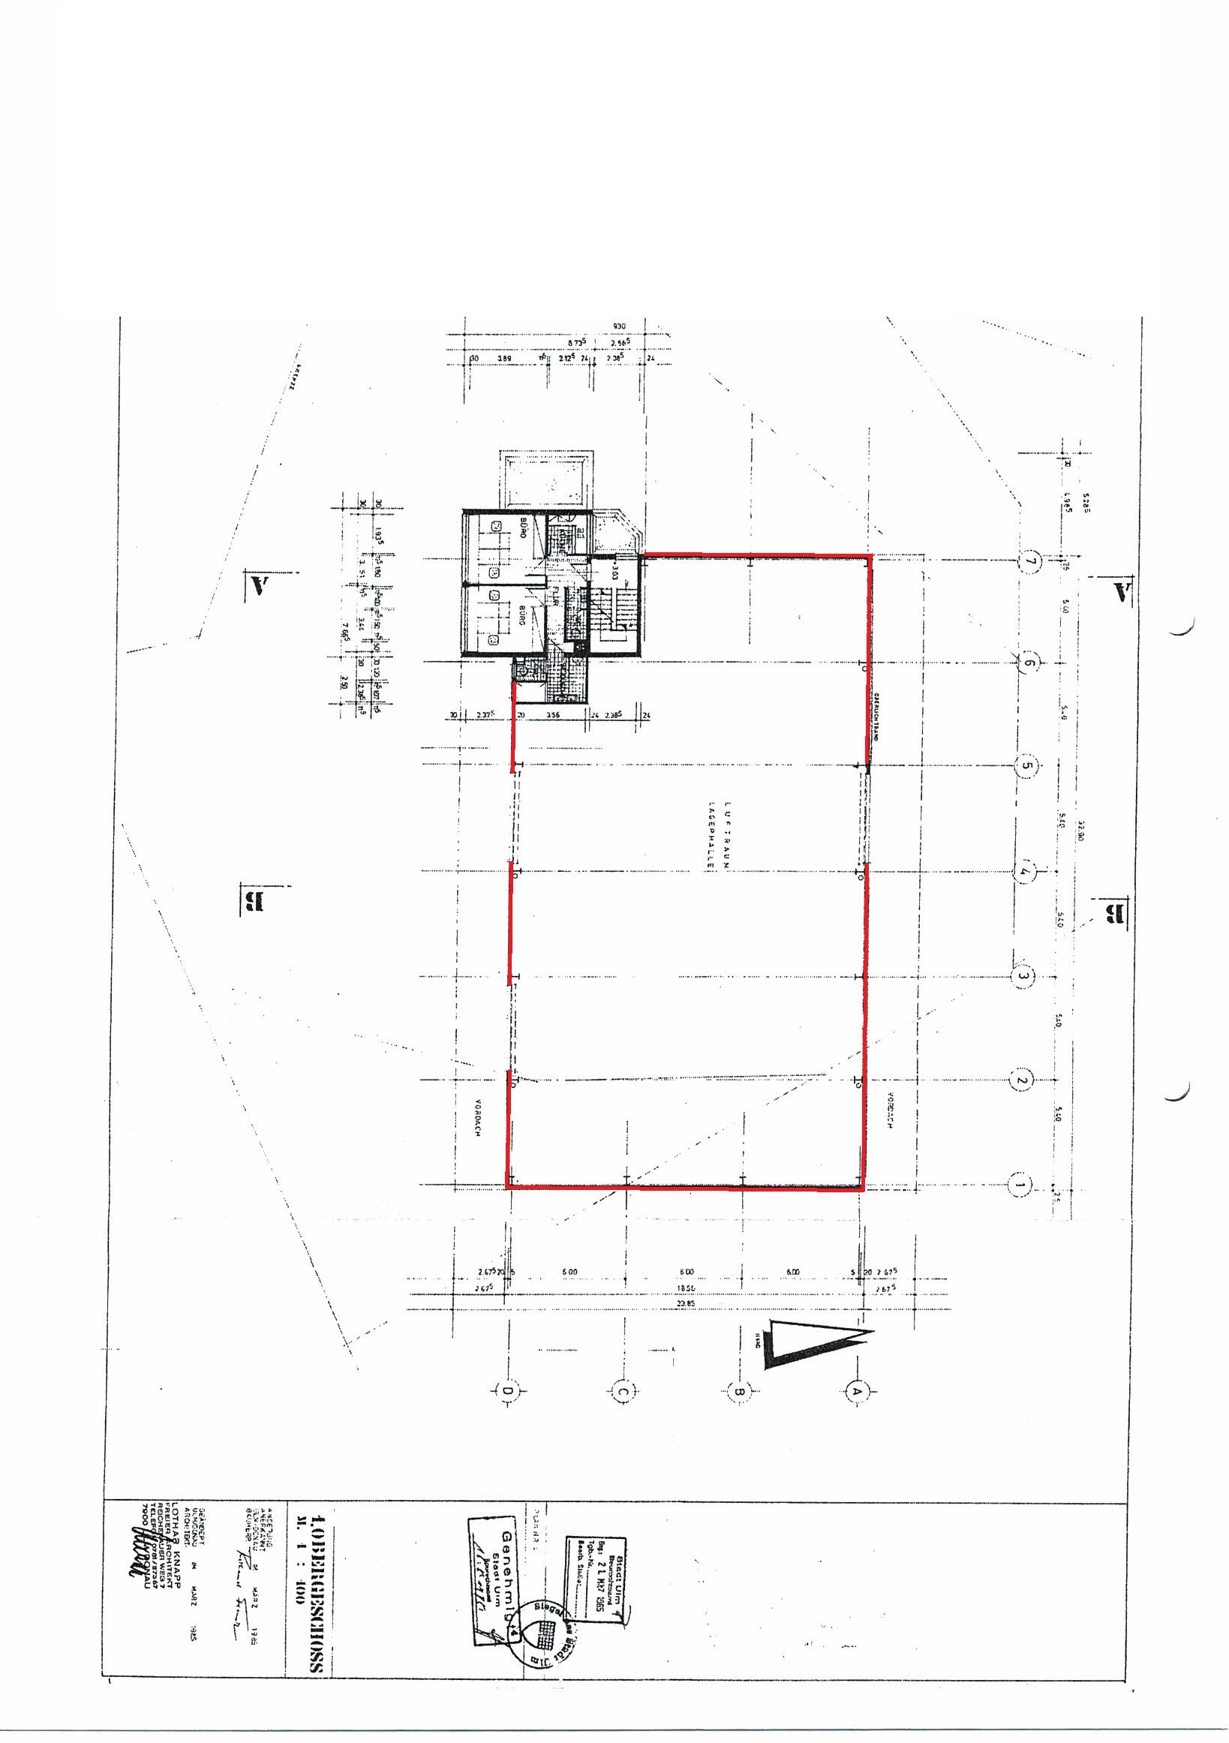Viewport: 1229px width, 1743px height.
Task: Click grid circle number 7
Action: click(x=1030, y=562)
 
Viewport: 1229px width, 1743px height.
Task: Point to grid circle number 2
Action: click(x=1021, y=1080)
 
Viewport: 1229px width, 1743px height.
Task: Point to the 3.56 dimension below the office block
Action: click(x=554, y=715)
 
